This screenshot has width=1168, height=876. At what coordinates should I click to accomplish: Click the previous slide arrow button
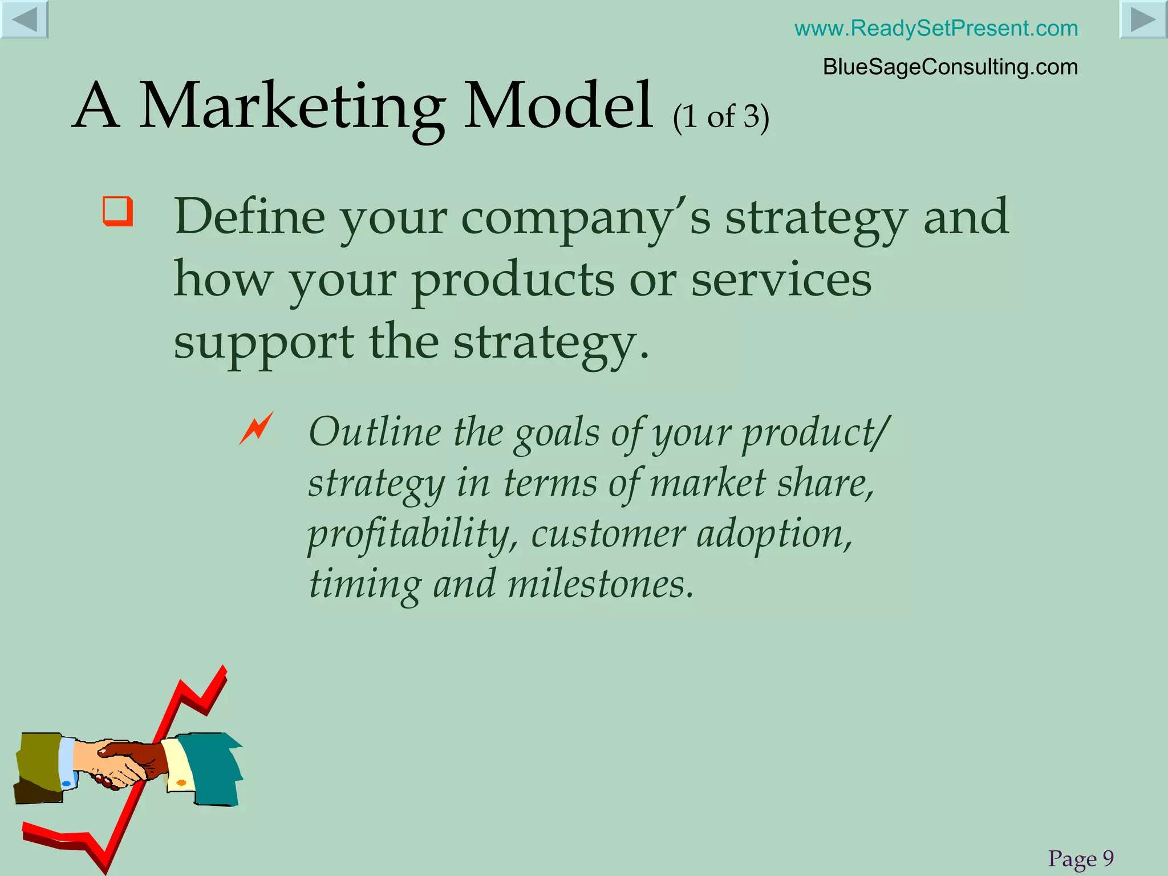[x=24, y=19]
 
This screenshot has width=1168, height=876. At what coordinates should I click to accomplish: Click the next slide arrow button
[x=1143, y=19]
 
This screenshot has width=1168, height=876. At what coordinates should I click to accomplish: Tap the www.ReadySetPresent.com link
[x=936, y=28]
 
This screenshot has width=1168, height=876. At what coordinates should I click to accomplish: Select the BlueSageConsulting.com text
[x=950, y=67]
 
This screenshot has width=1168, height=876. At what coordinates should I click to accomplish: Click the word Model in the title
[x=558, y=106]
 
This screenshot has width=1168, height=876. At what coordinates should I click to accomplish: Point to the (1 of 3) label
[x=721, y=117]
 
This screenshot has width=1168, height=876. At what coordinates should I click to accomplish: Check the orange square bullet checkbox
[x=117, y=212]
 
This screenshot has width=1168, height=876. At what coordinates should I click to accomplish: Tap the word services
[x=781, y=280]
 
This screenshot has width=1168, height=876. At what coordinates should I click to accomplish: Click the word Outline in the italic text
[x=375, y=432]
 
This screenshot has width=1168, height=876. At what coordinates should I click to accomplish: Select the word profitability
[x=412, y=536]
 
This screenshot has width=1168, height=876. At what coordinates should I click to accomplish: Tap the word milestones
[x=600, y=585]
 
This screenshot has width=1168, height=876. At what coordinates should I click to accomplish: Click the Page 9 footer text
[x=1081, y=858]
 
